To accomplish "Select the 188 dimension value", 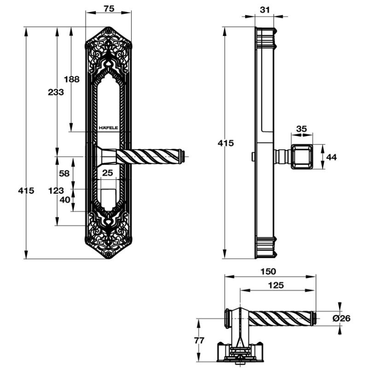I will click(71, 79).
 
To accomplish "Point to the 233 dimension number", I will click(56, 92).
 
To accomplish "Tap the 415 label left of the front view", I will click(26, 190).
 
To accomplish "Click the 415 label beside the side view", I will click(226, 143).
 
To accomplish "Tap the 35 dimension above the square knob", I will click(301, 129).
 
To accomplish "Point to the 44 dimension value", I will click(331, 157).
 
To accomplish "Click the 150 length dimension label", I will click(270, 271).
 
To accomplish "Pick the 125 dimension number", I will click(276, 285).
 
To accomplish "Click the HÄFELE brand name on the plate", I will click(108, 126).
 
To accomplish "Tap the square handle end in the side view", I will click(301, 157).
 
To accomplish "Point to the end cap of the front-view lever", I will click(182, 156).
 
